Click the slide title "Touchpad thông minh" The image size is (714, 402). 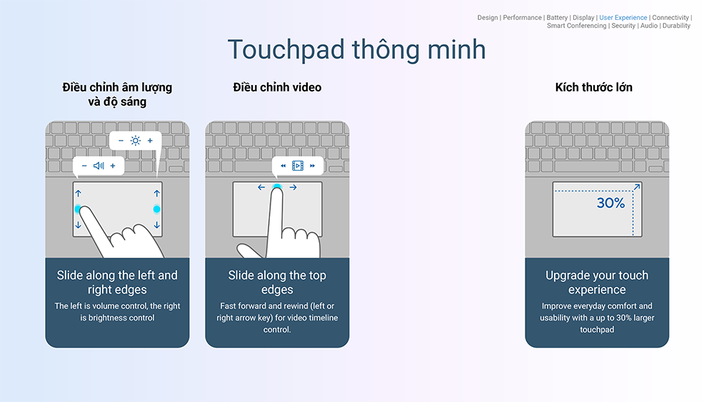click(356, 50)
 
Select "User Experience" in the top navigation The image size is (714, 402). click(623, 18)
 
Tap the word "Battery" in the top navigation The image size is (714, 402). click(557, 18)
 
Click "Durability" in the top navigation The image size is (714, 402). click(676, 26)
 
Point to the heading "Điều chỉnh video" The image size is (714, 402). click(277, 87)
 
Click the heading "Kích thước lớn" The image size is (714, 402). click(594, 87)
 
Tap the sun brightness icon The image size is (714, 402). click(135, 141)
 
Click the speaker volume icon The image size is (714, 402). click(99, 166)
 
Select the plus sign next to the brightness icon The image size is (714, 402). click(150, 141)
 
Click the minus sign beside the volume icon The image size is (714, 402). click(84, 166)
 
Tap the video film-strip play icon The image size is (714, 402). click(298, 166)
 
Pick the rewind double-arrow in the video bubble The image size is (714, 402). click(283, 166)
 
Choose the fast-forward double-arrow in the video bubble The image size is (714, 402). click(313, 166)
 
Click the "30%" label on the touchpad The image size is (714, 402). click(610, 203)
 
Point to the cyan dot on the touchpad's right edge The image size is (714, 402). click(156, 209)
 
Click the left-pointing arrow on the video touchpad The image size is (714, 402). click(261, 187)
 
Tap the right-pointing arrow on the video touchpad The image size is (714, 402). click(293, 187)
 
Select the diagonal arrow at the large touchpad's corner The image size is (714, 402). click(637, 186)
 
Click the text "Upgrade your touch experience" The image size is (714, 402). click(597, 282)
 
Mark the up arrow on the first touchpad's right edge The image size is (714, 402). click(156, 194)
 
